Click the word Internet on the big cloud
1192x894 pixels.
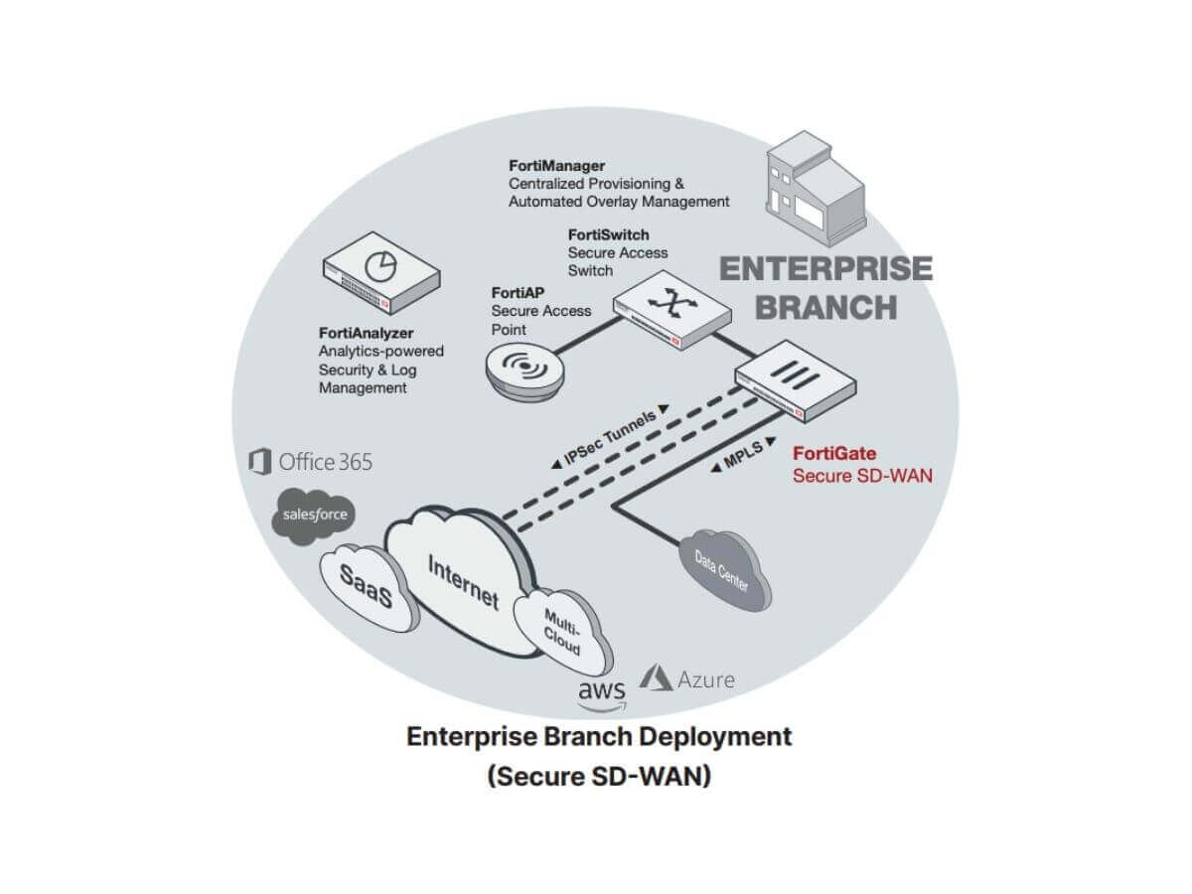point(463,581)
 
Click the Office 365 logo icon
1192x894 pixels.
point(260,462)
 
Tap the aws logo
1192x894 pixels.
point(602,693)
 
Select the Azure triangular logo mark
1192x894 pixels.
point(657,678)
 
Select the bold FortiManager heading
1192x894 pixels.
point(556,165)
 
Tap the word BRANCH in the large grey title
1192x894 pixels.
point(825,306)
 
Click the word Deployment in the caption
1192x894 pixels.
point(708,737)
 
